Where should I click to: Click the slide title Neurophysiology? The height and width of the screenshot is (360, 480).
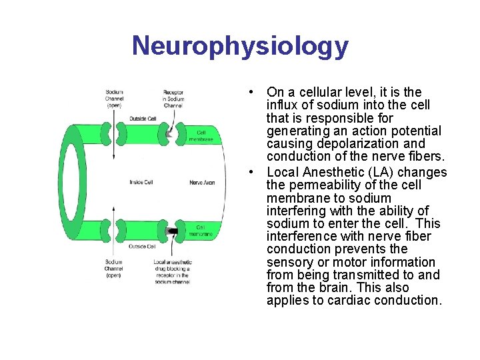click(x=240, y=46)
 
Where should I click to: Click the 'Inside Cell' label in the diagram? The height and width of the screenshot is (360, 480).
click(x=141, y=182)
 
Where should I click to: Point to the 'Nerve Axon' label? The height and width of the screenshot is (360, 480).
click(x=201, y=182)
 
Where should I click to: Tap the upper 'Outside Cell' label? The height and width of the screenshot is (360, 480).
click(x=143, y=119)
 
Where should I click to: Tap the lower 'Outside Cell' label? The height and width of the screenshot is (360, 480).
click(x=143, y=247)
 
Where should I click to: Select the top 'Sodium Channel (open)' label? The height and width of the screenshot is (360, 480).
click(x=114, y=99)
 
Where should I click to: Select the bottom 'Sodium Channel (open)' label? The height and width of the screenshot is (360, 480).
click(x=114, y=268)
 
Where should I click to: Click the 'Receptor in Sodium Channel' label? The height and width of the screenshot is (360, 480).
click(x=173, y=99)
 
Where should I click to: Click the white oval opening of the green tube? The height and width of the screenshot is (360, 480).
click(x=83, y=182)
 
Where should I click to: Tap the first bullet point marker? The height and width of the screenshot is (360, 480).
click(x=248, y=91)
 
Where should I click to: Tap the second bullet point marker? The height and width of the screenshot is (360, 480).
click(x=248, y=171)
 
